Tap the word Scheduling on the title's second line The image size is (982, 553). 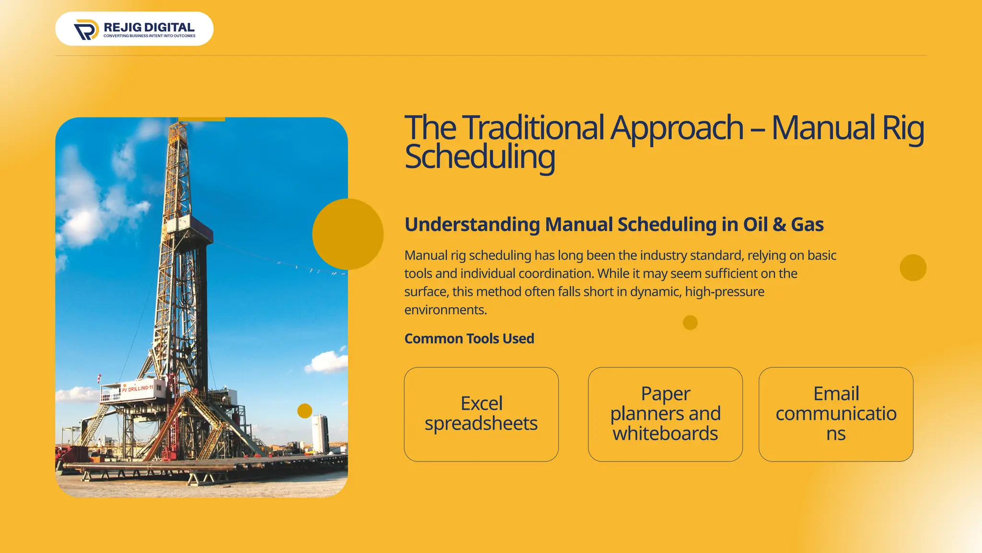[x=479, y=157]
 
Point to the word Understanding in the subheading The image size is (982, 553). [x=472, y=225]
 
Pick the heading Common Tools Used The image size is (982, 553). [x=469, y=338]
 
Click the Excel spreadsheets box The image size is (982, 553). [x=481, y=414]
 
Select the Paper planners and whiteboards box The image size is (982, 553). [x=665, y=414]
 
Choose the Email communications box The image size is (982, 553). [x=836, y=414]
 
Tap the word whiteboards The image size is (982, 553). [x=665, y=434]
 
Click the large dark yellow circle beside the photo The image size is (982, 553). [x=348, y=234]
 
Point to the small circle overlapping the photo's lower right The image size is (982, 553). [x=304, y=411]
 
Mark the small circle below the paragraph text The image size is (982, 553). [x=690, y=323]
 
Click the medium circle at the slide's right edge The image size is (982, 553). [x=913, y=268]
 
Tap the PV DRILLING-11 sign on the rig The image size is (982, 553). [x=137, y=388]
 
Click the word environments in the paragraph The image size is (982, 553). [x=445, y=310]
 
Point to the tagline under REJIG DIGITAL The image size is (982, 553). [x=149, y=36]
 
